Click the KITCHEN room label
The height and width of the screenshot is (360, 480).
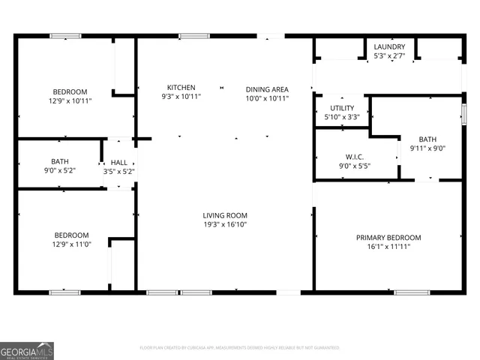(x=181, y=88)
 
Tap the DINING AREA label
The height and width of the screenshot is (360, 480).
(x=267, y=89)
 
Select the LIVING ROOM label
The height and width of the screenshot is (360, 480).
(x=224, y=215)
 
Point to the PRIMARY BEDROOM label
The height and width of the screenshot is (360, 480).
(x=388, y=238)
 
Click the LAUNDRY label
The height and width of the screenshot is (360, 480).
(x=389, y=46)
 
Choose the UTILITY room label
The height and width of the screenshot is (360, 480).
(x=341, y=108)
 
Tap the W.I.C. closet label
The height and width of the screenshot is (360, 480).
(x=355, y=156)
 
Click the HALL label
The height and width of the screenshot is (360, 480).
(x=118, y=162)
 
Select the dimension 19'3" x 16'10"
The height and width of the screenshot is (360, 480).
(x=224, y=224)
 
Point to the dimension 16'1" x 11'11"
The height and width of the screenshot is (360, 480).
(x=388, y=247)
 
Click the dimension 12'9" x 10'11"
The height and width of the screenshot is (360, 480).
(x=70, y=100)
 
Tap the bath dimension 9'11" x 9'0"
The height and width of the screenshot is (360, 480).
(x=427, y=148)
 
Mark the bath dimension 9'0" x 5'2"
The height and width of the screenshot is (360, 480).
(x=60, y=171)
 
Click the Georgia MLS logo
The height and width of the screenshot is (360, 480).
(x=27, y=350)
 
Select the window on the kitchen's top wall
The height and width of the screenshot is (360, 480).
(x=194, y=35)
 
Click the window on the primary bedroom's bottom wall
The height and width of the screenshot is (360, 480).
(x=412, y=292)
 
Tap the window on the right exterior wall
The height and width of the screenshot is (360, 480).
(x=463, y=113)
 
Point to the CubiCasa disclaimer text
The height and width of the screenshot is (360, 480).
(x=239, y=348)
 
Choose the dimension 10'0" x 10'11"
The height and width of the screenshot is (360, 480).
(x=267, y=97)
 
